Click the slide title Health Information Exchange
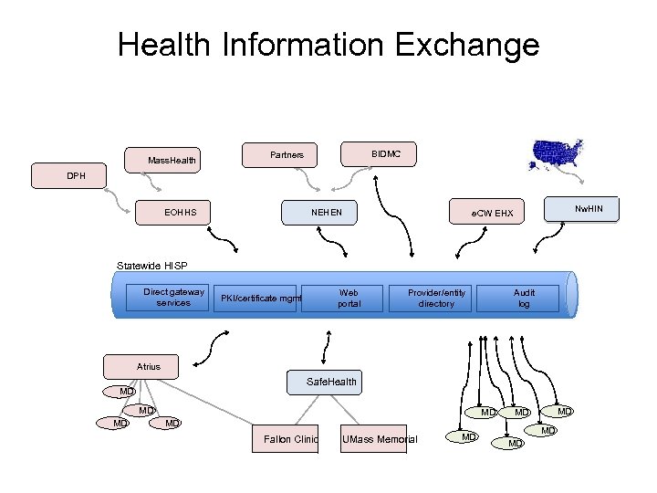point(328,44)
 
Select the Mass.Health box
point(172,161)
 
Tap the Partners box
point(287,155)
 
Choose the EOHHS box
point(180,214)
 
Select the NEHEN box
point(327,214)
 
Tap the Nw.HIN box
point(582,209)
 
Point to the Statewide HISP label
point(151,266)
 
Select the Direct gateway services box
point(173,298)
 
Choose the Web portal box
point(349,298)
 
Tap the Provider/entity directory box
point(436,298)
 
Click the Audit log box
point(524,298)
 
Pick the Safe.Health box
point(332,381)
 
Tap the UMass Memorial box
point(379,439)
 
